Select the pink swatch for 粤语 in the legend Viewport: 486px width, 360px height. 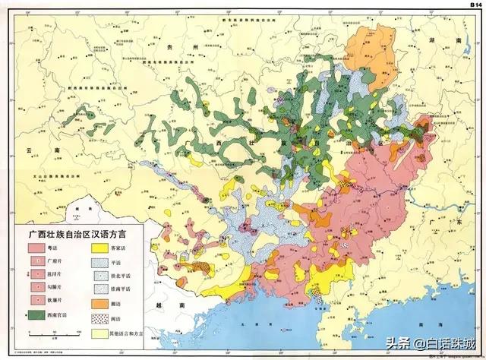pos(38,248)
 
